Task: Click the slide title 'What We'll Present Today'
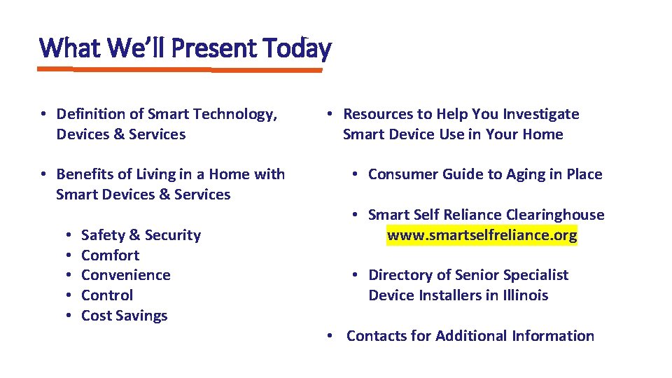tap(185, 48)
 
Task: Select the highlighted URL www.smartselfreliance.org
tap(482, 235)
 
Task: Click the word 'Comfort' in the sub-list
tap(110, 255)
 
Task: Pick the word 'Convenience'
tap(125, 275)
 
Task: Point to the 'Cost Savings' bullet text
tap(124, 316)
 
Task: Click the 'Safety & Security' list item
tap(141, 235)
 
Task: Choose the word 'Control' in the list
tap(106, 295)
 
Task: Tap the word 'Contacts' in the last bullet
tap(378, 336)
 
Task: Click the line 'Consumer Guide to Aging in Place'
tap(484, 174)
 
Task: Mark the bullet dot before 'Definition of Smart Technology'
tap(43, 114)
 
